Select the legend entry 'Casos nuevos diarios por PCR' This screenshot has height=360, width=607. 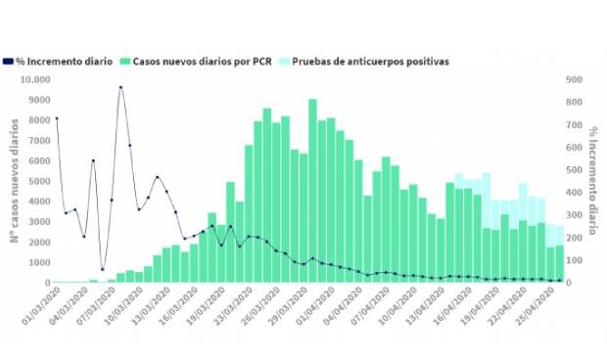coord(201,61)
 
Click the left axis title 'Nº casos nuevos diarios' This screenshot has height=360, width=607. coord(15,181)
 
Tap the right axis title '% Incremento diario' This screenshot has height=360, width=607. coord(593,181)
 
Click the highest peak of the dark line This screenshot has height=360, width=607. coord(120,88)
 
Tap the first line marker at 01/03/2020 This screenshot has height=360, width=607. coord(56,118)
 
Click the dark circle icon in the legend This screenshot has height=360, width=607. coord(8,61)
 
